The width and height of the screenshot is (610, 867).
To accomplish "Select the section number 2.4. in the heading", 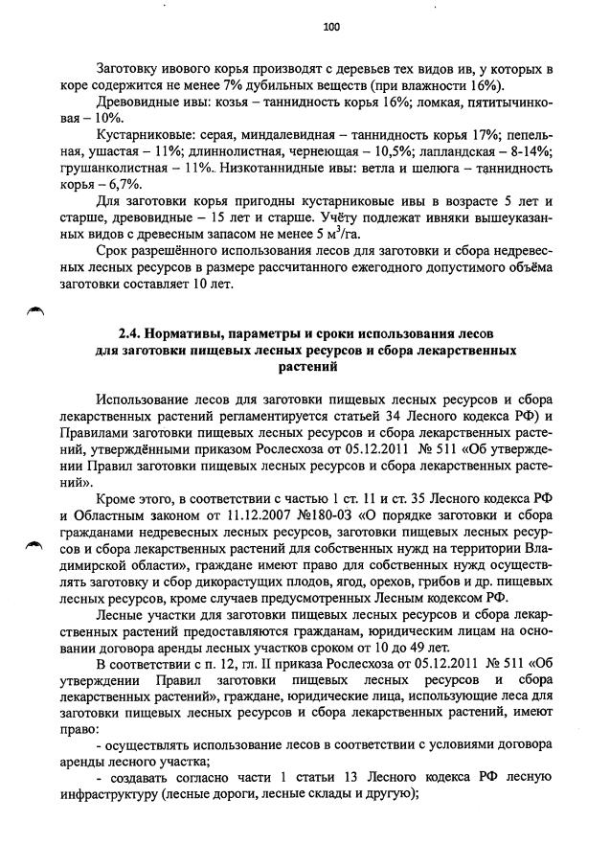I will (133, 335).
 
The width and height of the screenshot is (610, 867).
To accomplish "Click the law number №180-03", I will (305, 517).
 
